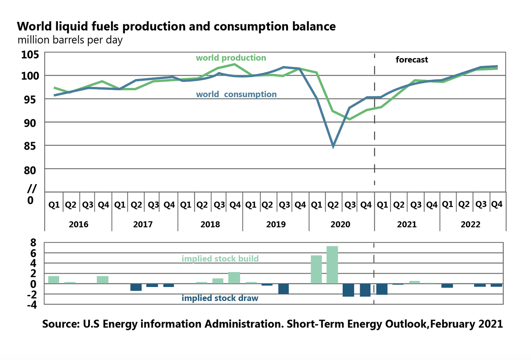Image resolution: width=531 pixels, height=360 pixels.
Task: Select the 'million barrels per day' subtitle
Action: point(70,40)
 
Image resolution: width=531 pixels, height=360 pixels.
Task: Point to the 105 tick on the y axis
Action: point(30,55)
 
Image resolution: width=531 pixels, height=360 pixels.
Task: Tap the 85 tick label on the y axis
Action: point(30,146)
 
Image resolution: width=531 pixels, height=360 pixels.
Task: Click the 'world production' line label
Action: point(231,58)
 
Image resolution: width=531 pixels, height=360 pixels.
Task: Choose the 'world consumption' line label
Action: point(236,94)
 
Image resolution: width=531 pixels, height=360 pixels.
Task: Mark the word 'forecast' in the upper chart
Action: point(412,60)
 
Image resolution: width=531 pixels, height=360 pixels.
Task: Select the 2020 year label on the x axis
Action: point(340,225)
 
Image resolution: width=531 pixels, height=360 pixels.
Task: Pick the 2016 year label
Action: point(79,225)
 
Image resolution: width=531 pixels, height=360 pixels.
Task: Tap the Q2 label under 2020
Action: point(333,205)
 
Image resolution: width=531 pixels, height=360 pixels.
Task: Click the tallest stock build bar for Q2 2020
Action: point(332,265)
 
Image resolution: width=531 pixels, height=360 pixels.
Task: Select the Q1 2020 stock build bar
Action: point(316,269)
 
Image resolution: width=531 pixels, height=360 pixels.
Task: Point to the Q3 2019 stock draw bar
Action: point(283,289)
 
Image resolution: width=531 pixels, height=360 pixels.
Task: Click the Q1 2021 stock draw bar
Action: point(382,289)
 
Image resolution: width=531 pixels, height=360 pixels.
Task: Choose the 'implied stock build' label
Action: point(220,259)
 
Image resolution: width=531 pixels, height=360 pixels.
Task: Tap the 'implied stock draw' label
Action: point(220,298)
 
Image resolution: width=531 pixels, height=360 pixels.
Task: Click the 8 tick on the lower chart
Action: point(33,243)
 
